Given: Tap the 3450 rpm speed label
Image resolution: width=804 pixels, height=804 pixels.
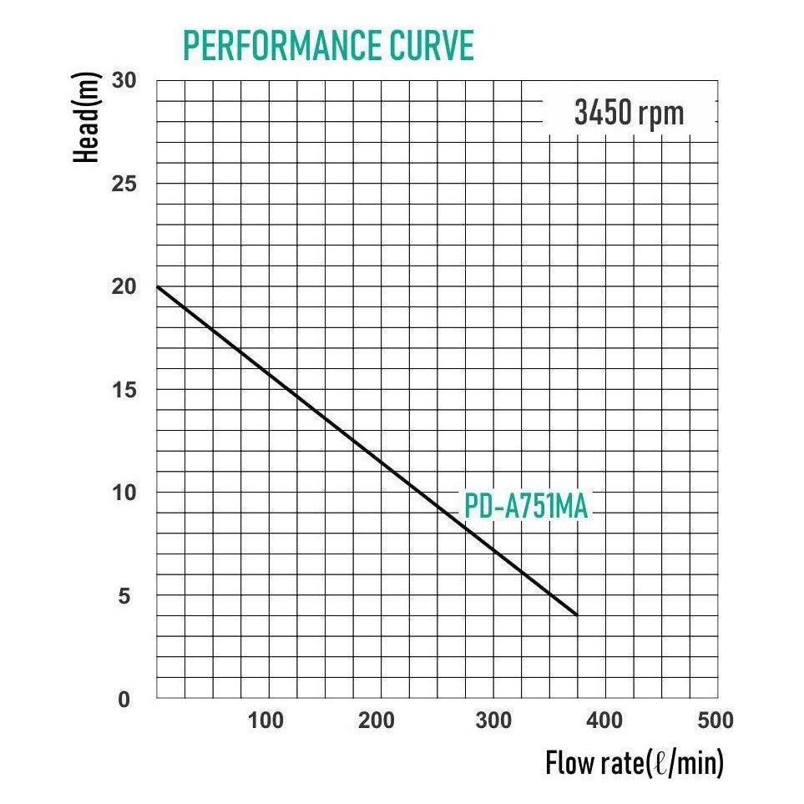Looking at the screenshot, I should [x=629, y=112].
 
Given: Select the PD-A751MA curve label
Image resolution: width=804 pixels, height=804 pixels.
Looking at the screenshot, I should [x=525, y=507].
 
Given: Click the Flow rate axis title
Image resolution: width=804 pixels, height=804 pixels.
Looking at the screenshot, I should [x=634, y=763].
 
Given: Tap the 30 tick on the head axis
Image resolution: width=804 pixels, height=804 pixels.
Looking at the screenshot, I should [x=123, y=81].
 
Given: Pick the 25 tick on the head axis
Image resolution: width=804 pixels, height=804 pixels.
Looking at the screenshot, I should [x=123, y=184].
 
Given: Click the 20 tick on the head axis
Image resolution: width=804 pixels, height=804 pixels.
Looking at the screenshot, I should [x=123, y=286].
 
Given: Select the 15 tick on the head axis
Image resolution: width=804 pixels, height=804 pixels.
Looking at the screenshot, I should [x=123, y=390].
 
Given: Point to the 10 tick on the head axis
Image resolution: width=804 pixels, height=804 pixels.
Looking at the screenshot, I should [x=123, y=493].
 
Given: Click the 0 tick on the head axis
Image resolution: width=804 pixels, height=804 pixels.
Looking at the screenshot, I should [x=124, y=699].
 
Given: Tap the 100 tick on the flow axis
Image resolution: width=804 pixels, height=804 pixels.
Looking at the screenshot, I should [x=265, y=720].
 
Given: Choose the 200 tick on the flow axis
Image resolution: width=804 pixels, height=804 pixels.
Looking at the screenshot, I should [x=378, y=720].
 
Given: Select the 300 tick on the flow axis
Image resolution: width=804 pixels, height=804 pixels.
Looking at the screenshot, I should [x=492, y=720].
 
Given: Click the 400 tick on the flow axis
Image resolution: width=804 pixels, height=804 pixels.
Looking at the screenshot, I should [x=604, y=720].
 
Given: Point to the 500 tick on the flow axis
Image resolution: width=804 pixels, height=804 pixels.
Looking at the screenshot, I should [x=716, y=720].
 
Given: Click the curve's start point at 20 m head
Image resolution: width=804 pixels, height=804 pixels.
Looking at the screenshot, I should [x=158, y=287].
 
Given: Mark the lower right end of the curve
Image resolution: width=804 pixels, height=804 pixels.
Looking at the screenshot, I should [x=576, y=615].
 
